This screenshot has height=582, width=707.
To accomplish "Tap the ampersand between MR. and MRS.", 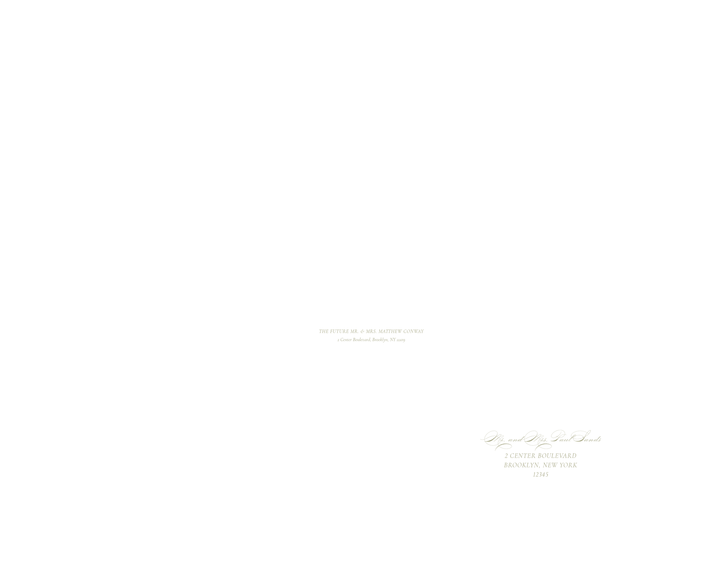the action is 362,331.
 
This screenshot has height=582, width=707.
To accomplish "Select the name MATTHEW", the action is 390,331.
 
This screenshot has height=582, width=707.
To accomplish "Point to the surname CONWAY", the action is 414,331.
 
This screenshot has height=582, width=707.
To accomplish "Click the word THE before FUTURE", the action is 324,331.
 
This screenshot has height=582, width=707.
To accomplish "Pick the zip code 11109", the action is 401,340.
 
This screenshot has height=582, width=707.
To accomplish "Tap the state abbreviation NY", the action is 393,340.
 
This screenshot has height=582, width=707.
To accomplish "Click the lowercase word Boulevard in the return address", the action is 361,340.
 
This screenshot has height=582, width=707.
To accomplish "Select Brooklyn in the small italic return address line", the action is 380,340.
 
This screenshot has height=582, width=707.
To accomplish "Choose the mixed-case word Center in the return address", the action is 346,340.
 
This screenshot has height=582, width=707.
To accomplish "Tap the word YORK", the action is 568,465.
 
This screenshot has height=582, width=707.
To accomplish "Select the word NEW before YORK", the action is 550,465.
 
